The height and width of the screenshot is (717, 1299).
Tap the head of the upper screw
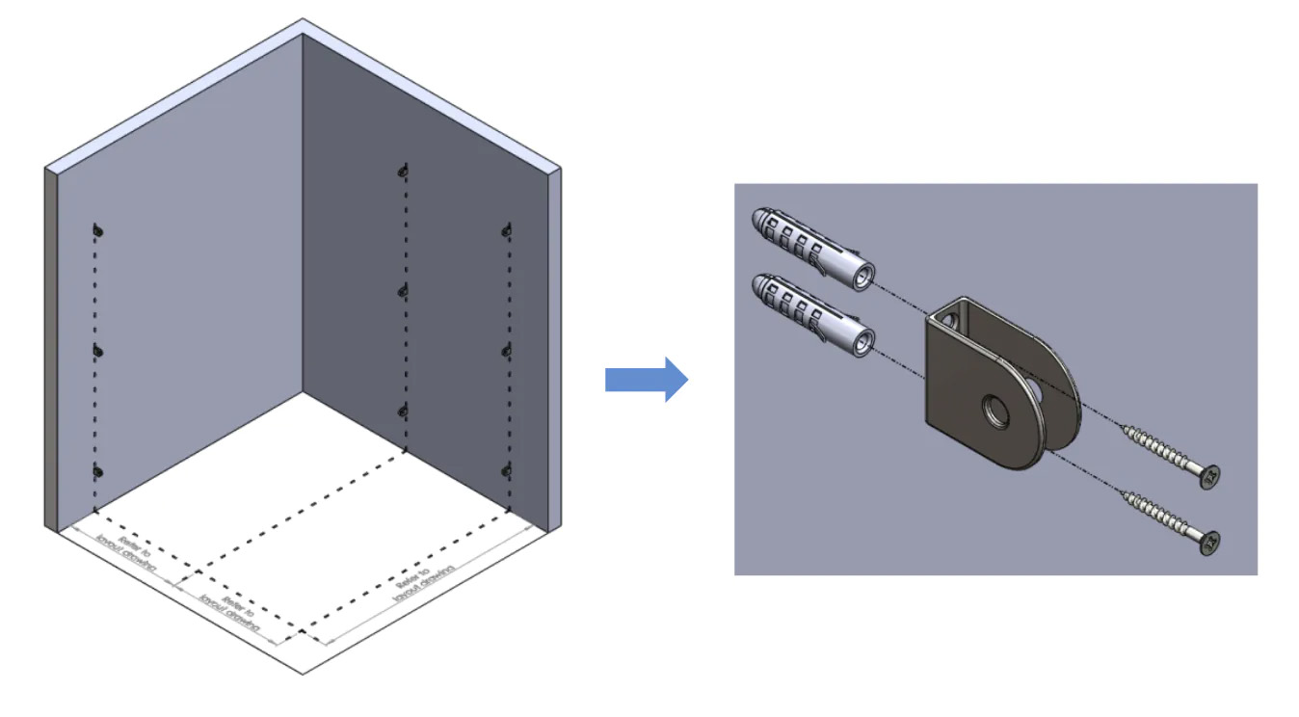pyautogui.click(x=1210, y=476)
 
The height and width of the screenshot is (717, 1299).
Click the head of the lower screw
pyautogui.click(x=1210, y=543)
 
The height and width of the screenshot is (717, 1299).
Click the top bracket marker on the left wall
pyautogui.click(x=97, y=230)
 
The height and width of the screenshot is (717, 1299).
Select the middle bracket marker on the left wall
pyautogui.click(x=97, y=351)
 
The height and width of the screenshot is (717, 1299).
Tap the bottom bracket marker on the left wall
pyautogui.click(x=97, y=471)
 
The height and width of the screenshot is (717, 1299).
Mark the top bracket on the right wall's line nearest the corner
pyautogui.click(x=404, y=172)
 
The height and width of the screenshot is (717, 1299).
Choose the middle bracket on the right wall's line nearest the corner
pyautogui.click(x=404, y=289)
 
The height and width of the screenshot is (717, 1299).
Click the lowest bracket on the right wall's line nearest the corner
pyautogui.click(x=404, y=411)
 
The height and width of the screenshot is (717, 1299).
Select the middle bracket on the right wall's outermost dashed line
pyautogui.click(x=507, y=349)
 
